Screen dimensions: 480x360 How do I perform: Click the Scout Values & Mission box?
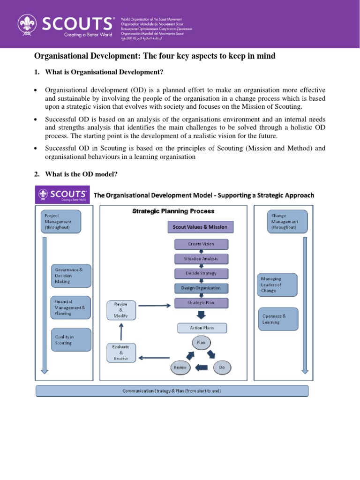(200, 227)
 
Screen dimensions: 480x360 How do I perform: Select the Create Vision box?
(201, 244)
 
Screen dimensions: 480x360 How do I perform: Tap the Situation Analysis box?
(201, 258)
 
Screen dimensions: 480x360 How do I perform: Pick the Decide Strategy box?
(201, 273)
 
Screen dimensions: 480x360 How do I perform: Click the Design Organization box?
(201, 288)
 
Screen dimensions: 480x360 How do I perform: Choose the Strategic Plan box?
(201, 303)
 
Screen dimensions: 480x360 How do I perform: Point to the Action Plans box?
(202, 328)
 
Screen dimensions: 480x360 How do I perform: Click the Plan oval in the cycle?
(201, 343)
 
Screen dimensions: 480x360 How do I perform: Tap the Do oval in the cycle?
(222, 367)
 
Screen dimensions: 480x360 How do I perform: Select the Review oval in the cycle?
(180, 367)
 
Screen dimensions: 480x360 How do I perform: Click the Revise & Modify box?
(121, 310)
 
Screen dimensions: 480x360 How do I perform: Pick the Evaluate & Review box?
(121, 352)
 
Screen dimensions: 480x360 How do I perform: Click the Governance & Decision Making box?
(70, 276)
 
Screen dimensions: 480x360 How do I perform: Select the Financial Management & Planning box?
(70, 307)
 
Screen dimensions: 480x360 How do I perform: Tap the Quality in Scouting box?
(70, 339)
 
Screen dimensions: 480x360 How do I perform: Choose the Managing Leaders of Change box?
(277, 285)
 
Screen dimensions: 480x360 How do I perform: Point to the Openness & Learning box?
(277, 319)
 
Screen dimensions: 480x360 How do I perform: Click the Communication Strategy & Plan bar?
(172, 391)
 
